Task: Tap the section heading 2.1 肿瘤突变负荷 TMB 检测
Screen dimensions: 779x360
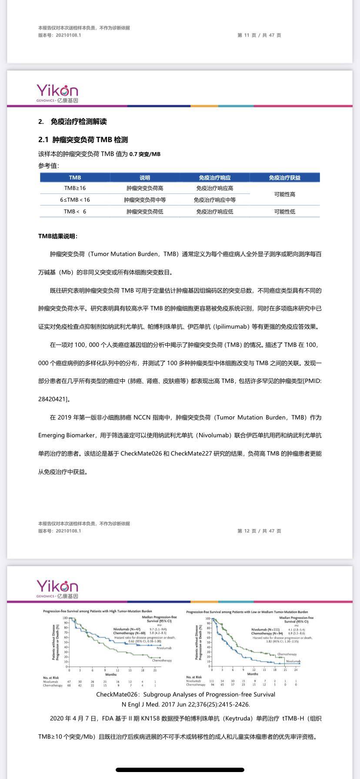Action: pyautogui.click(x=83, y=140)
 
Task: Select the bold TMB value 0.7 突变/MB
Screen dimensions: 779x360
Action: pyautogui.click(x=145, y=154)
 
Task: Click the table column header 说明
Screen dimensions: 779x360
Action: pyautogui.click(x=145, y=177)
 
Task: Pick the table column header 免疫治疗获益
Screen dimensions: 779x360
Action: pyautogui.click(x=284, y=177)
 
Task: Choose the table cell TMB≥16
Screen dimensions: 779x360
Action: pyautogui.click(x=75, y=188)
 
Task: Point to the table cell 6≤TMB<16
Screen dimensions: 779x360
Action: pyautogui.click(x=75, y=200)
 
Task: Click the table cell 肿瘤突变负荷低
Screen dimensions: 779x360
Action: pyautogui.click(x=145, y=212)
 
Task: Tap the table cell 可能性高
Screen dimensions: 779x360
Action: pyautogui.click(x=284, y=194)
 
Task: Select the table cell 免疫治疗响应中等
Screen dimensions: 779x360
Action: pyautogui.click(x=215, y=200)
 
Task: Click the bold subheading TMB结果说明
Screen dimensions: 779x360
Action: pyautogui.click(x=58, y=236)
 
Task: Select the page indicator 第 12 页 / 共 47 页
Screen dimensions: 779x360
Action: pyautogui.click(x=259, y=531)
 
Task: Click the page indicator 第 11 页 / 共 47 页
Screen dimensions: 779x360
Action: pyautogui.click(x=259, y=35)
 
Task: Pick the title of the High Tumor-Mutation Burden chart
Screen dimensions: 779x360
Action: pyautogui.click(x=97, y=612)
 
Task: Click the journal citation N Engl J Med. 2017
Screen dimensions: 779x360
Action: pyautogui.click(x=186, y=704)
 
